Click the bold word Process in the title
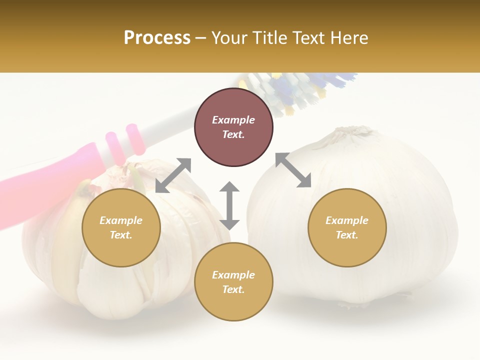click(157, 38)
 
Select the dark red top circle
click(233, 127)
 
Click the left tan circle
click(121, 227)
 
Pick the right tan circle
click(347, 227)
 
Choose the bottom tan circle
click(233, 281)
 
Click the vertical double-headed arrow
click(229, 205)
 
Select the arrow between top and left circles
click(173, 175)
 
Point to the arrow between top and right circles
click(293, 170)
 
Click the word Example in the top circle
click(233, 120)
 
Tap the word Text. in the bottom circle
click(233, 289)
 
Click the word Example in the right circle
click(347, 220)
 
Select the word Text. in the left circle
click(121, 235)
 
